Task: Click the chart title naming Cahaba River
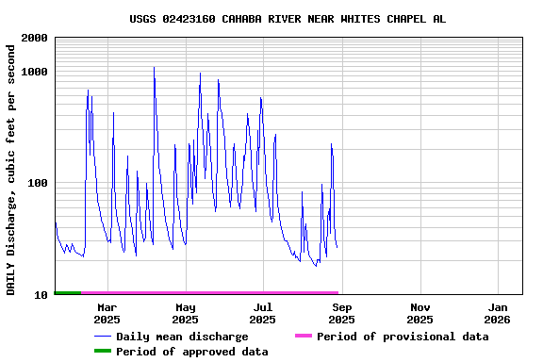tap(288, 19)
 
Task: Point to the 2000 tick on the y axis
tap(35, 38)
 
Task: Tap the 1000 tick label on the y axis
tap(35, 72)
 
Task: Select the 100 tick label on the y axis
tap(38, 183)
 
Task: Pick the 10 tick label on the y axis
tap(41, 295)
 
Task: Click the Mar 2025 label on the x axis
tap(107, 313)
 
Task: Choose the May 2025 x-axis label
tap(185, 313)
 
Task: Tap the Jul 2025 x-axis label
tap(263, 313)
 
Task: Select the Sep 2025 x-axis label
tap(342, 313)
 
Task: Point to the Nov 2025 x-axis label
tap(420, 313)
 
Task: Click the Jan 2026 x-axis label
tap(499, 313)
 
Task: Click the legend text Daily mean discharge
tap(182, 337)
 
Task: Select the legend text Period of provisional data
tap(403, 337)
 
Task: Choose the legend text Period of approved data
tap(192, 352)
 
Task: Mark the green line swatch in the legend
tap(102, 352)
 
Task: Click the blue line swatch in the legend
tap(102, 337)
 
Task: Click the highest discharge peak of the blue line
tap(154, 68)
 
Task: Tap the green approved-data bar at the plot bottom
tap(68, 293)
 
